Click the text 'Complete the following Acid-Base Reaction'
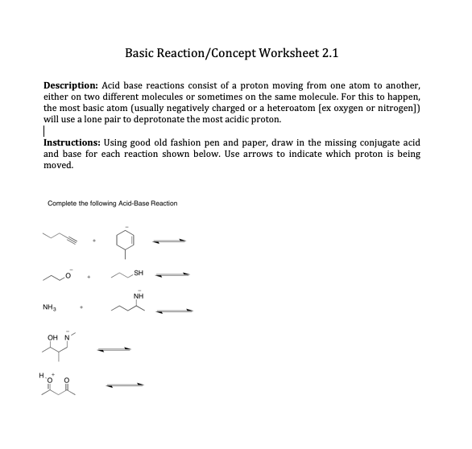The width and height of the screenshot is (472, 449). tap(113, 203)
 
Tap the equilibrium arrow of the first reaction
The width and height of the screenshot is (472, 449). tap(171, 239)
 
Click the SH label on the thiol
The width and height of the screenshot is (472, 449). tap(139, 273)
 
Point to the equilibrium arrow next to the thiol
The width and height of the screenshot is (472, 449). tap(171, 275)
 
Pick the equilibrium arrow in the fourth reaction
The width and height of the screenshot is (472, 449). tap(113, 348)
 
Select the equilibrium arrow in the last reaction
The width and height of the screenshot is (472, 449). tap(121, 385)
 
